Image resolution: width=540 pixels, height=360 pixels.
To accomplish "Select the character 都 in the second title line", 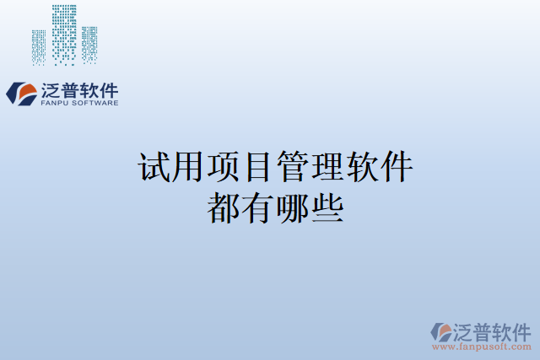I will (223, 207).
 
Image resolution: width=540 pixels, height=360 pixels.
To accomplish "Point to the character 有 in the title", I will (257, 207).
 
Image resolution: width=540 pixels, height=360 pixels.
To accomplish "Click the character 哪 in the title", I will (292, 207).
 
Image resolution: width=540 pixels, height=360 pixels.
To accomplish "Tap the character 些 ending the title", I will (327, 207).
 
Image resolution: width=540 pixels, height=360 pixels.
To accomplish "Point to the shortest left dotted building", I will (39, 47).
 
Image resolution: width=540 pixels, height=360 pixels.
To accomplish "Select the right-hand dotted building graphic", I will (89, 44).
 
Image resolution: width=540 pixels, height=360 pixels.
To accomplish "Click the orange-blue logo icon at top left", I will (22, 92).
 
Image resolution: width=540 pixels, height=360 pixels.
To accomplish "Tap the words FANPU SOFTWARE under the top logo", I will (79, 104).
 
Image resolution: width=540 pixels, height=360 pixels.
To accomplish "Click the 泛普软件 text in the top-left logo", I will (79, 89).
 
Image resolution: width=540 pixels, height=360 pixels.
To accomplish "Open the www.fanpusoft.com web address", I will (483, 347).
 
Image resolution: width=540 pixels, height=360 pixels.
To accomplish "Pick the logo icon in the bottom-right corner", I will (442, 331).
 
